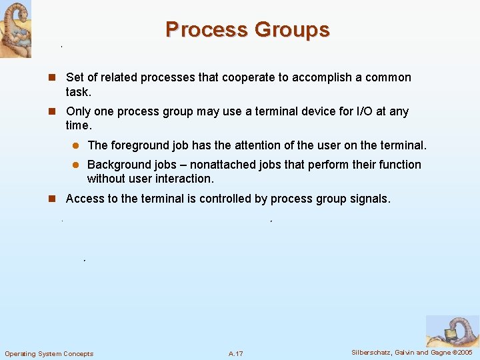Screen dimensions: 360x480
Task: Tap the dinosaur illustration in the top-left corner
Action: (15, 29)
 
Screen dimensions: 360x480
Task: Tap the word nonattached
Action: (225, 164)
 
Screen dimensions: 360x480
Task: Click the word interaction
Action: (185, 179)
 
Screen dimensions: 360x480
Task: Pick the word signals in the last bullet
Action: (369, 199)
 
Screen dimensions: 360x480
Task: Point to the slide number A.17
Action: (235, 353)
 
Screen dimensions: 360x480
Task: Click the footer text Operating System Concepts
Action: (49, 353)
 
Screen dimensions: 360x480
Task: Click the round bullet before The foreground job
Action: (76, 145)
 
